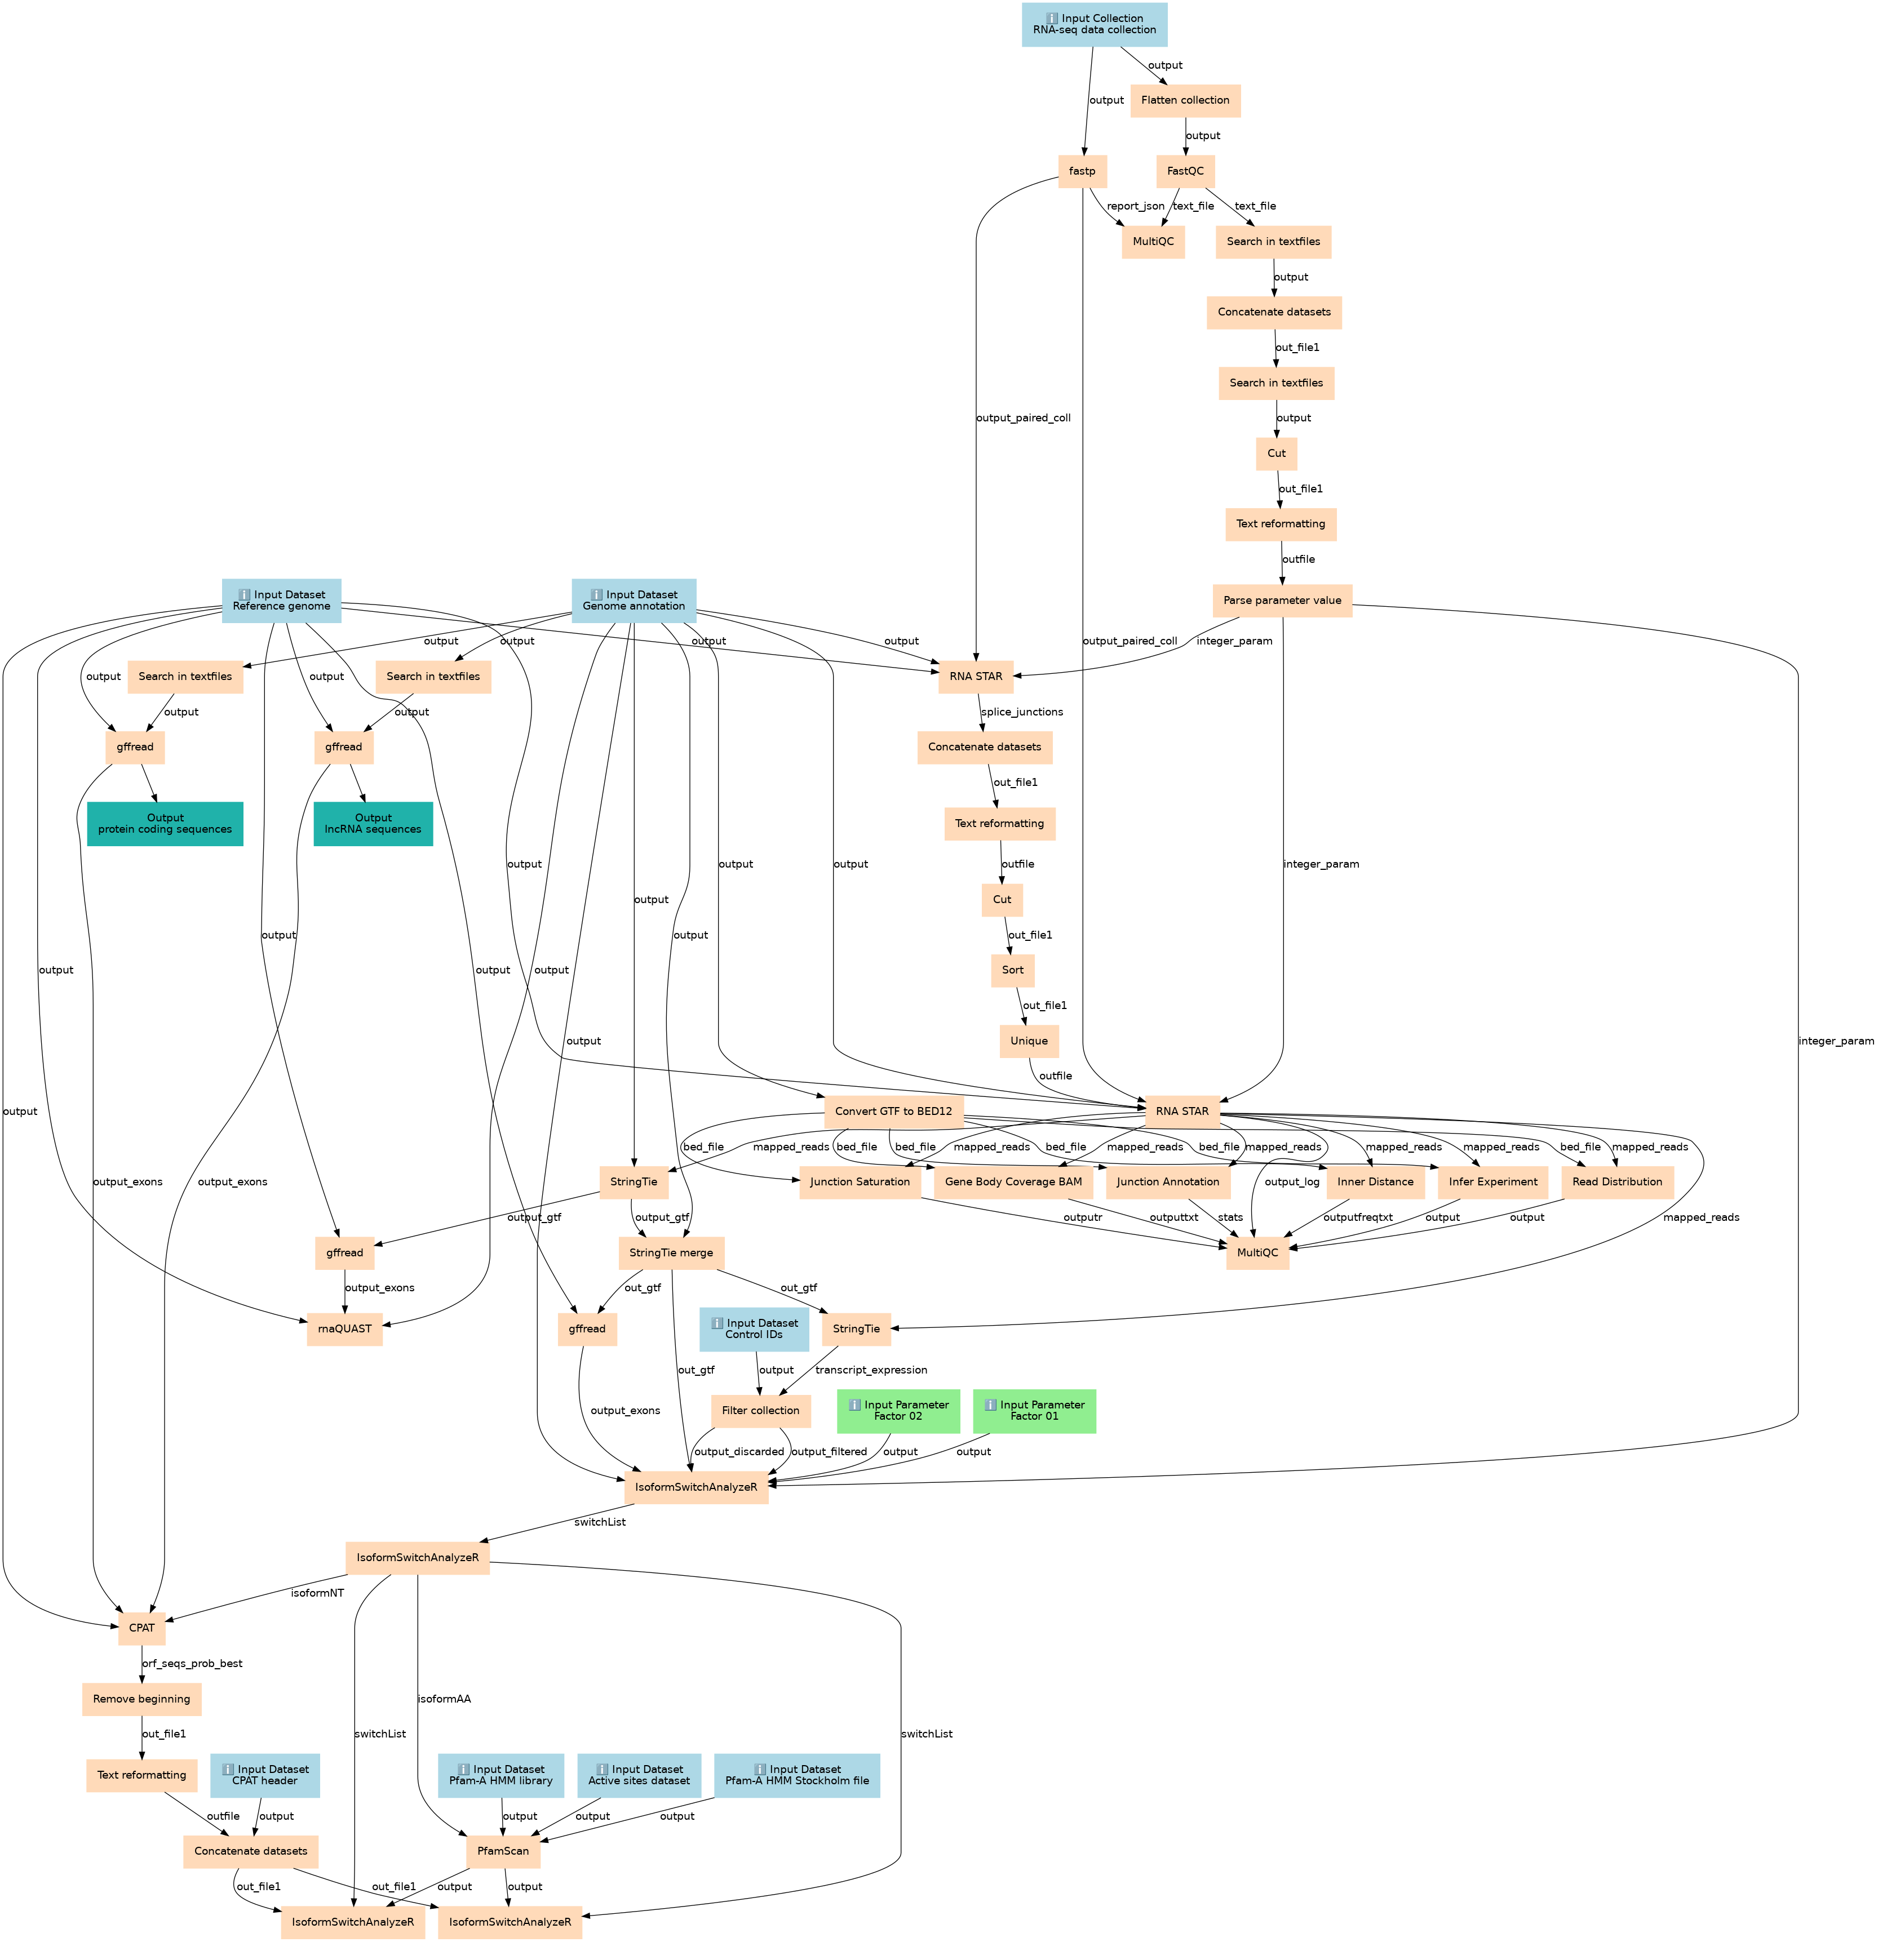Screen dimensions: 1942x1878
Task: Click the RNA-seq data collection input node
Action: coord(1094,24)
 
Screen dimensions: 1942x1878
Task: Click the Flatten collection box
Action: coord(1185,100)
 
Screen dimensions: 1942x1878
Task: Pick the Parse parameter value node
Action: coord(1281,601)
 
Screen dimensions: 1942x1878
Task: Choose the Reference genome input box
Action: coord(281,601)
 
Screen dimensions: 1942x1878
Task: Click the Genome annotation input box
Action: coord(634,601)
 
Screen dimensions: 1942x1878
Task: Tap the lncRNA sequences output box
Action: coord(373,823)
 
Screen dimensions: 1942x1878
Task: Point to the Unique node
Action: coord(1029,1041)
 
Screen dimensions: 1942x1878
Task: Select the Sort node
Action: coord(1012,970)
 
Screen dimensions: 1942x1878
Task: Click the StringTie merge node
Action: coord(671,1252)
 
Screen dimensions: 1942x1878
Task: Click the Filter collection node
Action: coord(760,1411)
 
